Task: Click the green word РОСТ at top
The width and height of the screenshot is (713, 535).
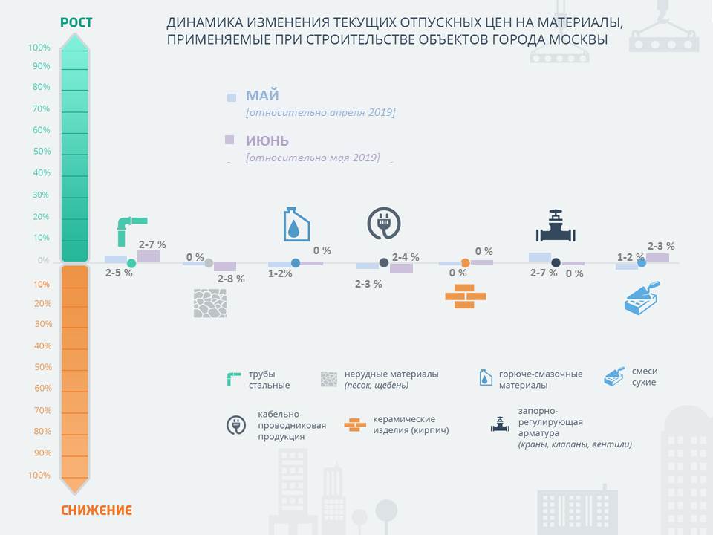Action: [76, 22]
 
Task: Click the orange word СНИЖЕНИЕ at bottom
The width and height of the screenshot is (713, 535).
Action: [97, 510]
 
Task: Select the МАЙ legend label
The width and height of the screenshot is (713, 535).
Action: [262, 96]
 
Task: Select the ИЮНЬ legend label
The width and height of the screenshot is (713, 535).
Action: [267, 141]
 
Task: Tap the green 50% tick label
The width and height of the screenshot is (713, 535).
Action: [42, 151]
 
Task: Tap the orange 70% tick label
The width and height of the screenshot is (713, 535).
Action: [43, 410]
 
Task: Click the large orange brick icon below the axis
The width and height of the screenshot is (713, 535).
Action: [465, 296]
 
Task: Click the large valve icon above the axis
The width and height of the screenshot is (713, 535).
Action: [556, 226]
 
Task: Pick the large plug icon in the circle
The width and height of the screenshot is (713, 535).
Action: [384, 224]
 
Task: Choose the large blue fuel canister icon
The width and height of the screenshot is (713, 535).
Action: [296, 224]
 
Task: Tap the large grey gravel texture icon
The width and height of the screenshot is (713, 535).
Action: [210, 303]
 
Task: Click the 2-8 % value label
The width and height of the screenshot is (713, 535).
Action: [231, 279]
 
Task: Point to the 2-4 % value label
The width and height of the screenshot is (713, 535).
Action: [406, 257]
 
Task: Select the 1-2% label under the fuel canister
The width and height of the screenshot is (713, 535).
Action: [280, 273]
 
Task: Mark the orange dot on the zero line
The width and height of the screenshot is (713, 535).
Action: [465, 263]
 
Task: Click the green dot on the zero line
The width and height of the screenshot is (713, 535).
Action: [131, 263]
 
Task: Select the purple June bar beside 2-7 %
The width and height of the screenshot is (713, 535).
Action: [149, 256]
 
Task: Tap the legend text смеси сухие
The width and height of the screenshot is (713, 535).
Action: [645, 377]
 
